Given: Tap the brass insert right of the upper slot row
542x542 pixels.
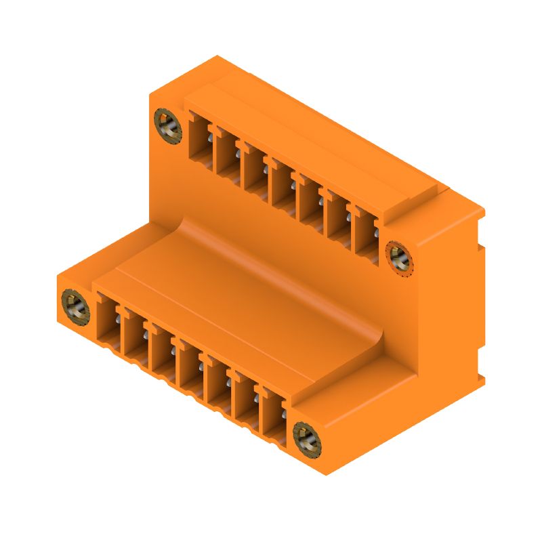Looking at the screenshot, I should pyautogui.click(x=398, y=258).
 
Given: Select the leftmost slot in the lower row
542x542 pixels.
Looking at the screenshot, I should pyautogui.click(x=108, y=322).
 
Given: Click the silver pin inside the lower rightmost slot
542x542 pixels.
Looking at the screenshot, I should pyautogui.click(x=284, y=413).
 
